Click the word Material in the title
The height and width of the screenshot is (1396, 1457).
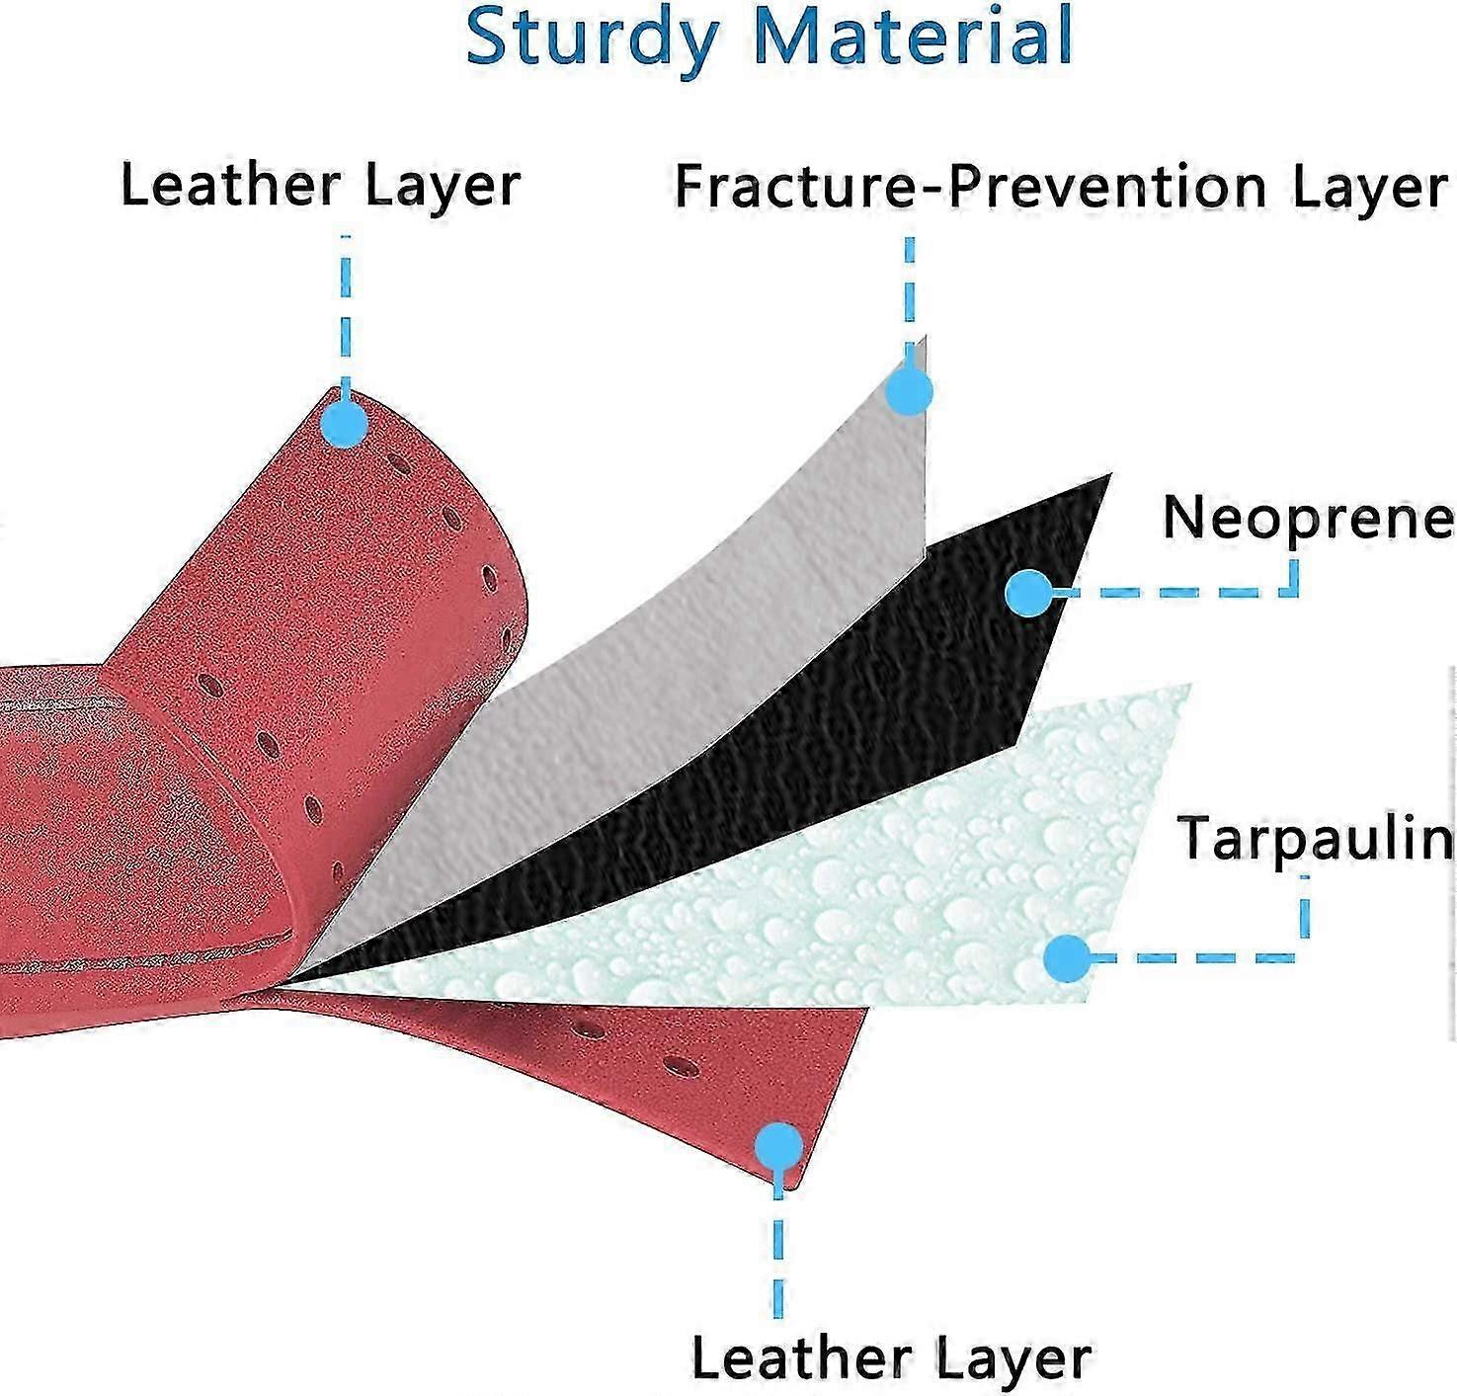(912, 36)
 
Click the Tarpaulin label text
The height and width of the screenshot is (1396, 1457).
(1315, 839)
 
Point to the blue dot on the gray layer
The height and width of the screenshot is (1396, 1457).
(909, 392)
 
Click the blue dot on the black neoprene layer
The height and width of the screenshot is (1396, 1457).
(1029, 594)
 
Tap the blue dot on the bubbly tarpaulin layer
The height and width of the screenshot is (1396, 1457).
(1067, 957)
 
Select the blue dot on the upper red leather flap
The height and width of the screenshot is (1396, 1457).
(344, 425)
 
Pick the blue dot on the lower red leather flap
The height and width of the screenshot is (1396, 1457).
(779, 1147)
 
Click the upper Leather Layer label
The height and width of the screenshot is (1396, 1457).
(320, 186)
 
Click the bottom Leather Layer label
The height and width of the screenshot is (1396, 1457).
(891, 1358)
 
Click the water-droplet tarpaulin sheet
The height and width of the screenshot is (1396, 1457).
(889, 889)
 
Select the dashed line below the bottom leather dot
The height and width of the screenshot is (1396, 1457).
(779, 1255)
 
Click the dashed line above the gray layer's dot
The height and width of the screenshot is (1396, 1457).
(909, 291)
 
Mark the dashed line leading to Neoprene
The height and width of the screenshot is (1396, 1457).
(1185, 593)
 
